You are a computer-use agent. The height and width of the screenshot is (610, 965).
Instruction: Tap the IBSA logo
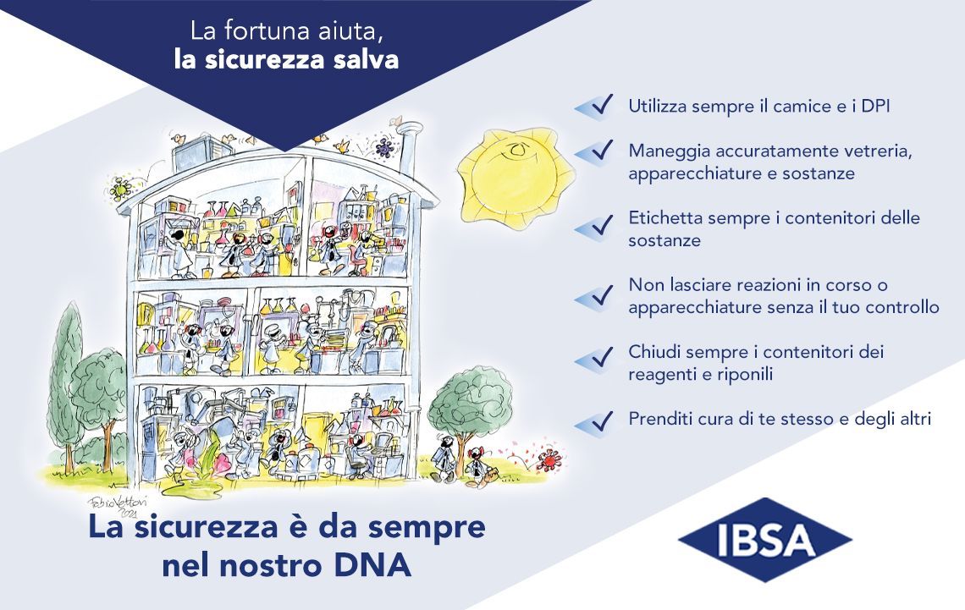[x=765, y=540]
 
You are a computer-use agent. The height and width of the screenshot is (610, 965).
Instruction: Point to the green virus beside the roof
[x=119, y=188]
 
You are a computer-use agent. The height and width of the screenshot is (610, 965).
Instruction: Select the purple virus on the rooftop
[x=384, y=147]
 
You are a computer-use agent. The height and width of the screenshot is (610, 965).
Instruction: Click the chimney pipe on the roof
[x=407, y=147]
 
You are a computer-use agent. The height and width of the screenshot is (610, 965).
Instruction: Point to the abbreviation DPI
[x=874, y=106]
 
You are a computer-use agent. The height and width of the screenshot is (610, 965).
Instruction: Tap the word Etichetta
[x=664, y=217]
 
